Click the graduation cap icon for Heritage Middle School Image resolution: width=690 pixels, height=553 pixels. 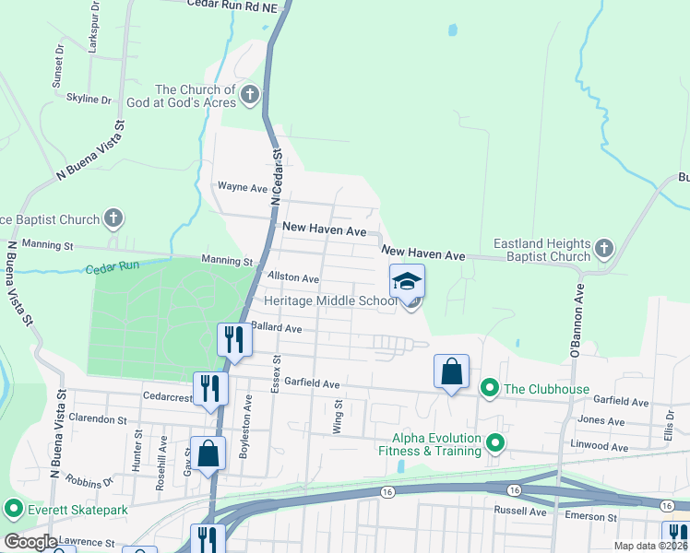click(x=407, y=281)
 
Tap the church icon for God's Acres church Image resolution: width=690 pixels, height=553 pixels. click(x=249, y=94)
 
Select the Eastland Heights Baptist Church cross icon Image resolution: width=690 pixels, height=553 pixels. click(x=603, y=248)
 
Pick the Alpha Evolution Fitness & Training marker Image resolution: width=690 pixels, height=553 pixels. click(x=495, y=444)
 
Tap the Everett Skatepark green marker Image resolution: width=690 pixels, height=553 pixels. click(x=13, y=509)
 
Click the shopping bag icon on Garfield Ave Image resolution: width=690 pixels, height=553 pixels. click(x=451, y=371)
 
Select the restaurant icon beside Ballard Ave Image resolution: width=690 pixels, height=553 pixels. click(x=233, y=339)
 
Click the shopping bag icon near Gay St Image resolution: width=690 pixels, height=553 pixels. click(x=208, y=453)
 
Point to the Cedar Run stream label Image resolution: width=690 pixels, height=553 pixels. click(x=111, y=269)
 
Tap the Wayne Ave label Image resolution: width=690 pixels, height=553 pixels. click(x=242, y=186)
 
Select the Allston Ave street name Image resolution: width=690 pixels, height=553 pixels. click(x=292, y=277)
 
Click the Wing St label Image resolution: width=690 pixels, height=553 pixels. click(x=338, y=416)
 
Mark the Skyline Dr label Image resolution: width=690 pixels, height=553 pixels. click(x=89, y=99)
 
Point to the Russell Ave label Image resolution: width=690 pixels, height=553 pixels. click(x=521, y=511)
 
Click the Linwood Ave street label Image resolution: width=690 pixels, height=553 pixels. click(x=601, y=447)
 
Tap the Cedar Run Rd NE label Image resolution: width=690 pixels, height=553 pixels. click(x=232, y=5)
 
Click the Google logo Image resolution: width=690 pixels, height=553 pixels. click(x=30, y=542)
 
